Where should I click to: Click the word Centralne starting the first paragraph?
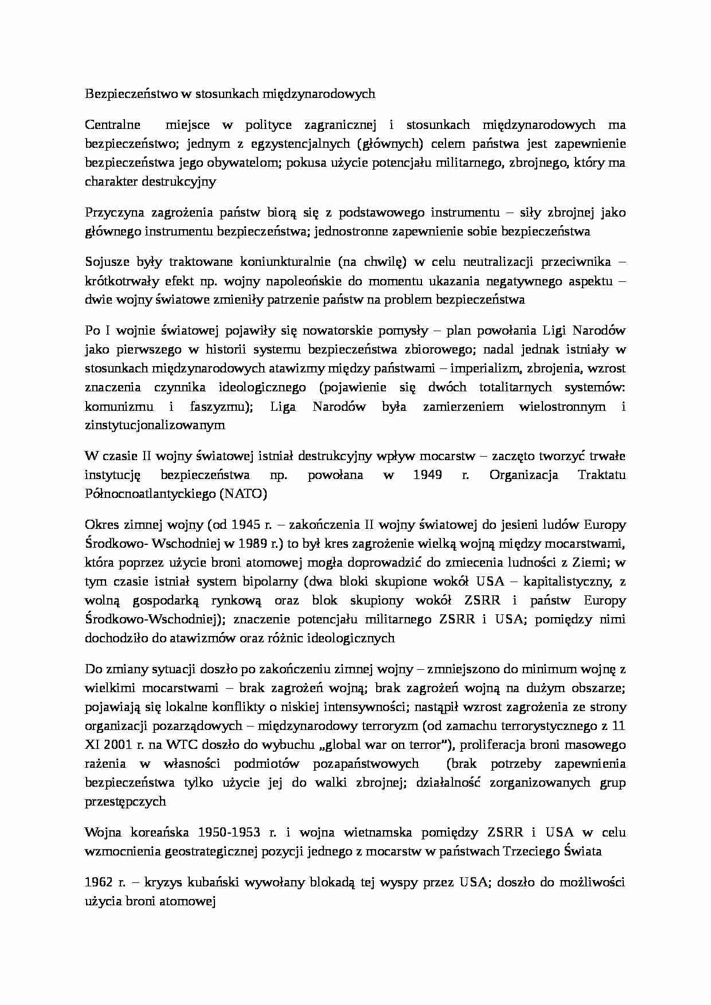(113, 125)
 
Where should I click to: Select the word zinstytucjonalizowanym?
(155, 426)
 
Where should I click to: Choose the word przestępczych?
(126, 802)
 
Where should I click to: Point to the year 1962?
(100, 882)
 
